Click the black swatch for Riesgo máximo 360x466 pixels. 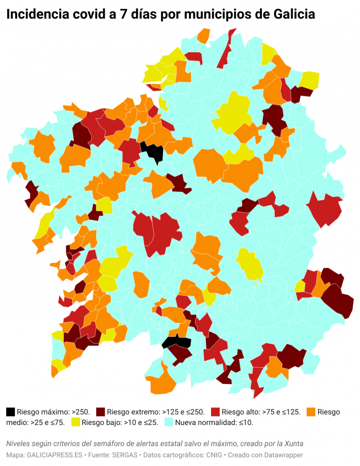click(10, 412)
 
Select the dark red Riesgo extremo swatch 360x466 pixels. click(101, 412)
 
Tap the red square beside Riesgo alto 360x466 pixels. click(216, 412)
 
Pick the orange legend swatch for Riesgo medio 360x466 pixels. click(311, 412)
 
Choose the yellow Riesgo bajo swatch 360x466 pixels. click(76, 422)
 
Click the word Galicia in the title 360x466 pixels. click(295, 14)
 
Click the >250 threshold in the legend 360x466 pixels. click(81, 412)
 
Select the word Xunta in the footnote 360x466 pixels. click(293, 444)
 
